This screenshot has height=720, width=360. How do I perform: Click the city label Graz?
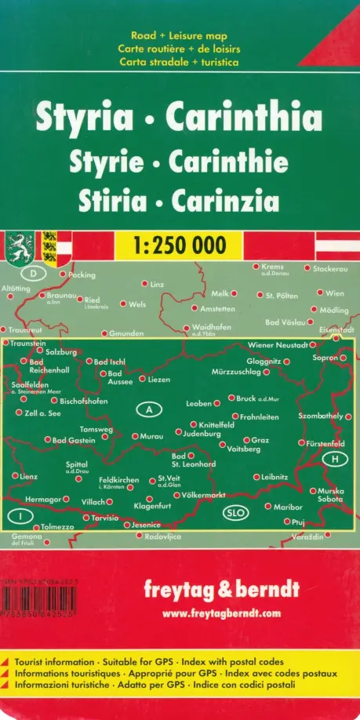[261, 440]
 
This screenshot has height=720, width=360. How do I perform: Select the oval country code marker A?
[148, 409]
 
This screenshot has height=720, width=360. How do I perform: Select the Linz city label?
[157, 284]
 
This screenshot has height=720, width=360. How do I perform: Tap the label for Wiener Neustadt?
[276, 345]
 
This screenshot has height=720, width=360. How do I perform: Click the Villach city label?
[93, 500]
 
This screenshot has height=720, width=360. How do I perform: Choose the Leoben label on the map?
[198, 403]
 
